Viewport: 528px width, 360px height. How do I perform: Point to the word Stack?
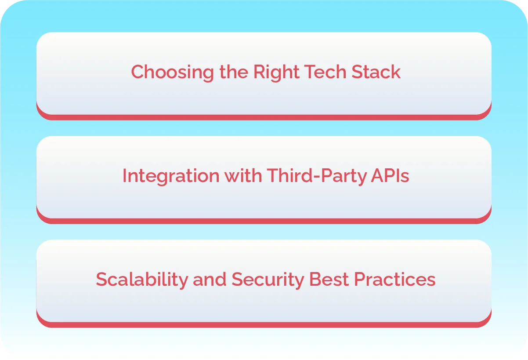376,72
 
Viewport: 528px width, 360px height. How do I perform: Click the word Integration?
170,176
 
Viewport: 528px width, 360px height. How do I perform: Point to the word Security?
268,280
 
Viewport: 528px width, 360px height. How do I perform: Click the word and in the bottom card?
209,279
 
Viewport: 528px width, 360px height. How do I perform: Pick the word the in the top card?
234,72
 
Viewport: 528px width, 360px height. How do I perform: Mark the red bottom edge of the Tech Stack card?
264,117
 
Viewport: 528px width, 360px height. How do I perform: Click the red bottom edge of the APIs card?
264,221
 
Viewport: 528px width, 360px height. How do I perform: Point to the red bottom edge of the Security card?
264,325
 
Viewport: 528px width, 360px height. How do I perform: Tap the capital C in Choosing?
137,72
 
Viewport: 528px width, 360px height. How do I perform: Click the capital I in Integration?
124,175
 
